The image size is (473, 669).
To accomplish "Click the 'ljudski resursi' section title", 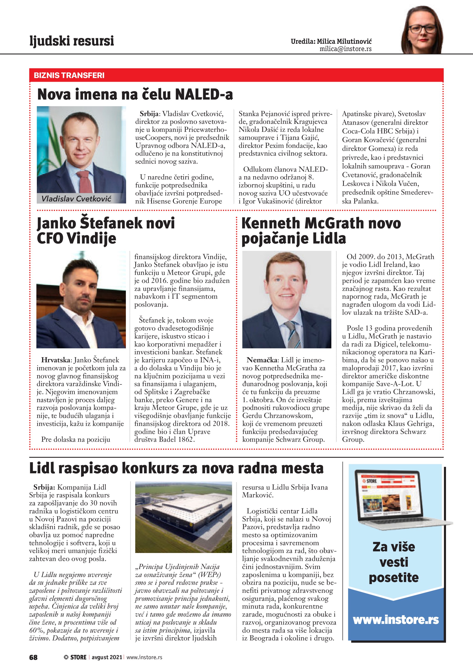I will [72, 41].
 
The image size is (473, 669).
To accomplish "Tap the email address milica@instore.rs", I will [346, 49].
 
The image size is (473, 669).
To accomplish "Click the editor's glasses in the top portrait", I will [423, 29].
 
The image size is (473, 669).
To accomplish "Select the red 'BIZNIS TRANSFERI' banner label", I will [69, 76].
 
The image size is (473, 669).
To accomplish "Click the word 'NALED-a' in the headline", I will [204, 94].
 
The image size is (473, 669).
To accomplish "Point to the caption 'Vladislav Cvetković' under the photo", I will [76, 199].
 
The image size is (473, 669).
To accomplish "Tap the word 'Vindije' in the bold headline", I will [92, 238].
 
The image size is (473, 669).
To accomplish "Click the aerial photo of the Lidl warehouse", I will [184, 517].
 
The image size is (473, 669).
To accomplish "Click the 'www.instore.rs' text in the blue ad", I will [395, 620].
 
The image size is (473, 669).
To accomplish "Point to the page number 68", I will [33, 657].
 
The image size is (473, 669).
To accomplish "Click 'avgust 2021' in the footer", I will [107, 657].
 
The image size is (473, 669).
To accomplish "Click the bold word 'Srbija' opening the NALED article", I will [149, 114].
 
